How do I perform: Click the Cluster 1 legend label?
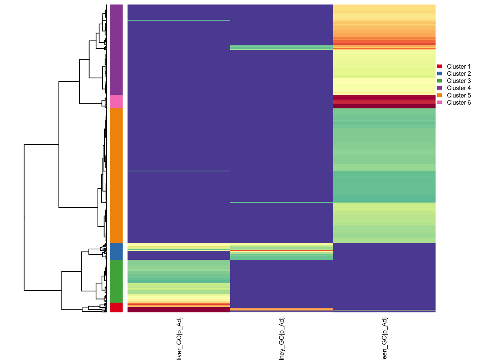459,66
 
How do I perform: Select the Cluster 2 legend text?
459,73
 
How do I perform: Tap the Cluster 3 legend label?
459,81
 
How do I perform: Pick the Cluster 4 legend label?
459,88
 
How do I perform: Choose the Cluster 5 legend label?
459,95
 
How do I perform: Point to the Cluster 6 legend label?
459,102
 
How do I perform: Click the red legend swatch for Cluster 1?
439,66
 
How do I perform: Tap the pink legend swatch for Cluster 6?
439,102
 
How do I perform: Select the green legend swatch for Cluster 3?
439,81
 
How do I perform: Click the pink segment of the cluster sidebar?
116,102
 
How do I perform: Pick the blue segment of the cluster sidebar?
116,251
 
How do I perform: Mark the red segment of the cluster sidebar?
116,307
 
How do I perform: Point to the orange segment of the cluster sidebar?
116,175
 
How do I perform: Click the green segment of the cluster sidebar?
116,281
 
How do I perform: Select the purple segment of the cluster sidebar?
116,49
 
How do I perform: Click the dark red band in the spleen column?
384,102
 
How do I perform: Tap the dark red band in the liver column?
179,309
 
